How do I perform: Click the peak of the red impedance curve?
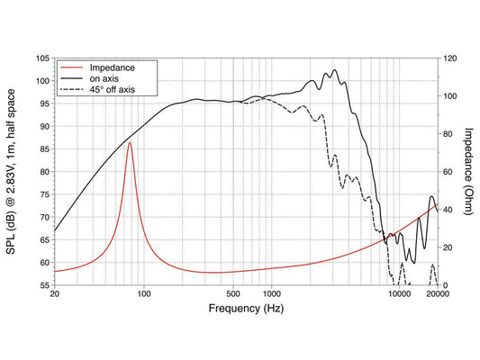click(130, 142)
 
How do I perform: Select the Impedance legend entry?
click(112, 67)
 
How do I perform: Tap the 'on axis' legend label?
click(104, 78)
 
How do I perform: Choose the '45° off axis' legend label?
click(113, 90)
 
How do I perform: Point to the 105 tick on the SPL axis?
click(43, 58)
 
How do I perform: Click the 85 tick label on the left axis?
click(45, 149)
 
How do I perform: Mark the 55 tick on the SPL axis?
click(45, 285)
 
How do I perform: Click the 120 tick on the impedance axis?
click(450, 58)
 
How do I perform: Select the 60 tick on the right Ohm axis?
click(448, 172)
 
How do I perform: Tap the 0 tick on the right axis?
click(446, 285)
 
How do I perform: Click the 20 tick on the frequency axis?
click(55, 294)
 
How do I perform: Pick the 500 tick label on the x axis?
click(233, 294)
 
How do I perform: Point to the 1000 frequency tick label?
click(272, 294)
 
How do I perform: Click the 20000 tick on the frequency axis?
click(438, 294)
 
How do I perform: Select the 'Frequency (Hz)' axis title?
click(246, 308)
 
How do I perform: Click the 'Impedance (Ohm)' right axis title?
click(468, 171)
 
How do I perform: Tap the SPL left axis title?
click(11, 171)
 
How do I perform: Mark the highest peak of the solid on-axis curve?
click(334, 69)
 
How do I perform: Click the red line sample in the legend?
click(72, 67)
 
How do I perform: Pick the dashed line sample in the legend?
click(72, 90)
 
